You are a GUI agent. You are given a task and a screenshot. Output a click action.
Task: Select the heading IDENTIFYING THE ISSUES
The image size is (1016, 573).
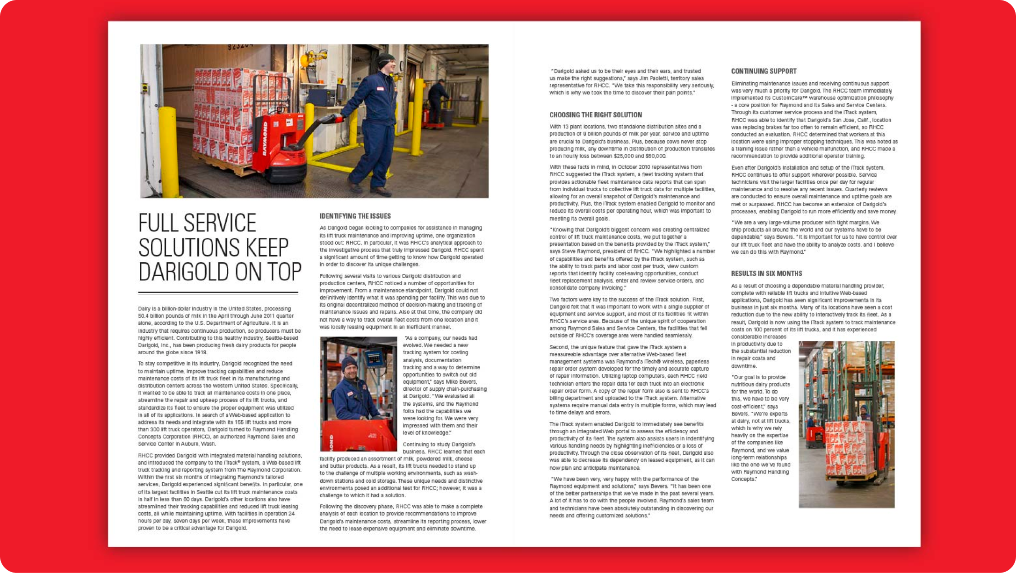pos(355,216)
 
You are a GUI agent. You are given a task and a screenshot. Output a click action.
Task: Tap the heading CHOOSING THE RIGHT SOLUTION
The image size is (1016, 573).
pos(595,115)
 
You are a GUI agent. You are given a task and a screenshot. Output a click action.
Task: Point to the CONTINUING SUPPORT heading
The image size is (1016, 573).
pos(764,72)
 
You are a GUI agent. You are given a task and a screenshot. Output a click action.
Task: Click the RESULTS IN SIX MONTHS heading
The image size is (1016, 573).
pos(766,274)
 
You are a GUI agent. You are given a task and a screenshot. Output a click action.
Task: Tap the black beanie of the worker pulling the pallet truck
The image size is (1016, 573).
pos(387,59)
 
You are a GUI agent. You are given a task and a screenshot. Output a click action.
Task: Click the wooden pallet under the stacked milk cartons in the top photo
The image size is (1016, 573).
pos(220,176)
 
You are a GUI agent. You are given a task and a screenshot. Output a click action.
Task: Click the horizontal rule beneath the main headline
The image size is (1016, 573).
pos(218,293)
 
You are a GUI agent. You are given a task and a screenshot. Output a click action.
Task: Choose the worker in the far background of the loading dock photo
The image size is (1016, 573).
pos(438,100)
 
